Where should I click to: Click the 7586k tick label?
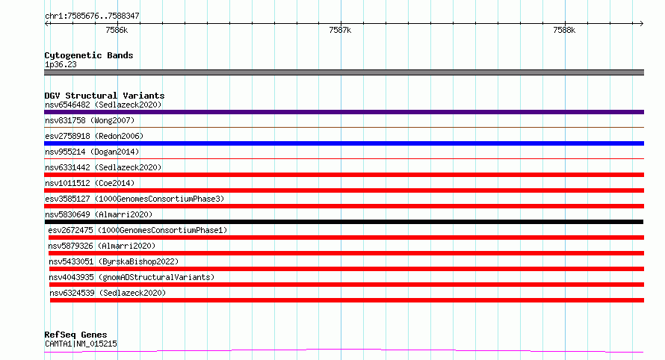117,30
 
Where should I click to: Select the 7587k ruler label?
340,30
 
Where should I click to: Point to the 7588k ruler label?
564,30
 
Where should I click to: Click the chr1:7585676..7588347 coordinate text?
92,16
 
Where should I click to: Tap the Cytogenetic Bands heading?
89,55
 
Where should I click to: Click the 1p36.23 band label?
61,64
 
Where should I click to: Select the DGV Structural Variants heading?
105,96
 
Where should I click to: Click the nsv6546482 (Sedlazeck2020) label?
103,105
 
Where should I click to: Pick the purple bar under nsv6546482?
344,112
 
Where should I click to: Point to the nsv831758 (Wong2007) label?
90,120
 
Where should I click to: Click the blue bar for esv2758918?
344,143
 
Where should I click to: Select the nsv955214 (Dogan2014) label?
92,152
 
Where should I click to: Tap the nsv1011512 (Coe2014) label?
90,183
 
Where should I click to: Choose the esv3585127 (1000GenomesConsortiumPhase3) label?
134,199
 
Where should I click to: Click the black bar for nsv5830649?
344,222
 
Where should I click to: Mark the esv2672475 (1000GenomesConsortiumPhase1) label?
137,230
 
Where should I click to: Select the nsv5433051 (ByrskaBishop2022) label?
114,261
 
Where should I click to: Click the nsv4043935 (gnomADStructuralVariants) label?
132,277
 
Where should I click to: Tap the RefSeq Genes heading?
75,335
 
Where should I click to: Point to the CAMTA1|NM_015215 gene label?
81,344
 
